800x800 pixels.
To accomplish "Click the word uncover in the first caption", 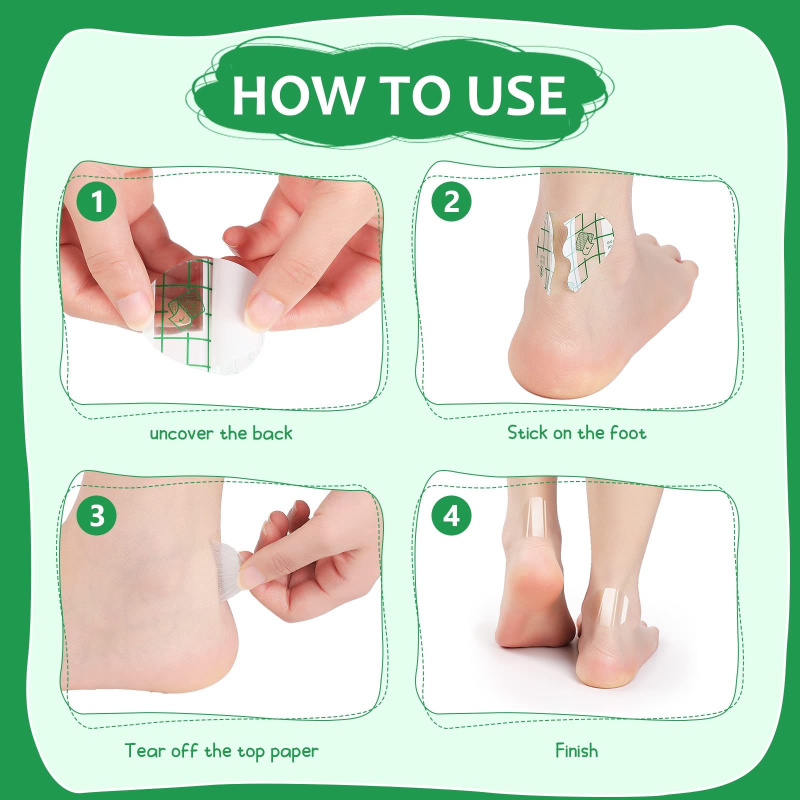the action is (181, 434).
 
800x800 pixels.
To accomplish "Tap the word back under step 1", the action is (272, 433).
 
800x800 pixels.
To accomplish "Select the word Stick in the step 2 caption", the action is (527, 432).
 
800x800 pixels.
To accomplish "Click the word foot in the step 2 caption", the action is (628, 432).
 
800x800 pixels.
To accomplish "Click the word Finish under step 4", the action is (576, 750).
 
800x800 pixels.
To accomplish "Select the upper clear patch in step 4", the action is (535, 517).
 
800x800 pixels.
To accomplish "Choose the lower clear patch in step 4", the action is (612, 607).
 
